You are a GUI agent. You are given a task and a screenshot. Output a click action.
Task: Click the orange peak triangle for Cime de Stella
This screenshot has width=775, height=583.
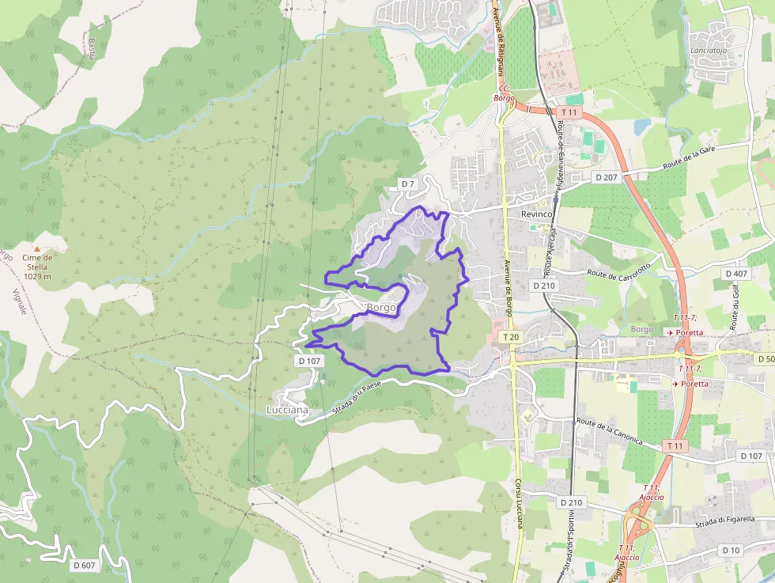[x=36, y=248]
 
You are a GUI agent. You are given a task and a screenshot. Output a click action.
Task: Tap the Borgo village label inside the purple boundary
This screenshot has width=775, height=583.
[x=380, y=307]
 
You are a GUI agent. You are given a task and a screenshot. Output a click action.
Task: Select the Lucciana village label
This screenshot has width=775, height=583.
[x=287, y=411]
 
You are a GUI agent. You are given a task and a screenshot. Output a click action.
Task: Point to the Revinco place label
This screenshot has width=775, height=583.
[x=536, y=214]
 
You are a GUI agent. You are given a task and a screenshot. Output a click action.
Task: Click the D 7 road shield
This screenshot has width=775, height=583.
[x=407, y=184]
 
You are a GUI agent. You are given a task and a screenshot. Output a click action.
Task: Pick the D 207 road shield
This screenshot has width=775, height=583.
[x=606, y=177]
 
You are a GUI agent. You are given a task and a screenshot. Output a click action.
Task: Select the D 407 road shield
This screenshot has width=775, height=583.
[x=735, y=274]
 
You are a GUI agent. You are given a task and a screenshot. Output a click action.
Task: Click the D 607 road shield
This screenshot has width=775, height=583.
[x=84, y=565]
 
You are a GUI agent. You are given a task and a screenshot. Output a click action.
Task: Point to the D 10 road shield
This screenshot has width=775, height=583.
[x=731, y=550]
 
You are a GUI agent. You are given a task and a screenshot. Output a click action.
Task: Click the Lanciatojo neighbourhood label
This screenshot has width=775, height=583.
[x=709, y=51]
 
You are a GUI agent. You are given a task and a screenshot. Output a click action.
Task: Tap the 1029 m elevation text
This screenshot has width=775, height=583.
[x=37, y=276]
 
